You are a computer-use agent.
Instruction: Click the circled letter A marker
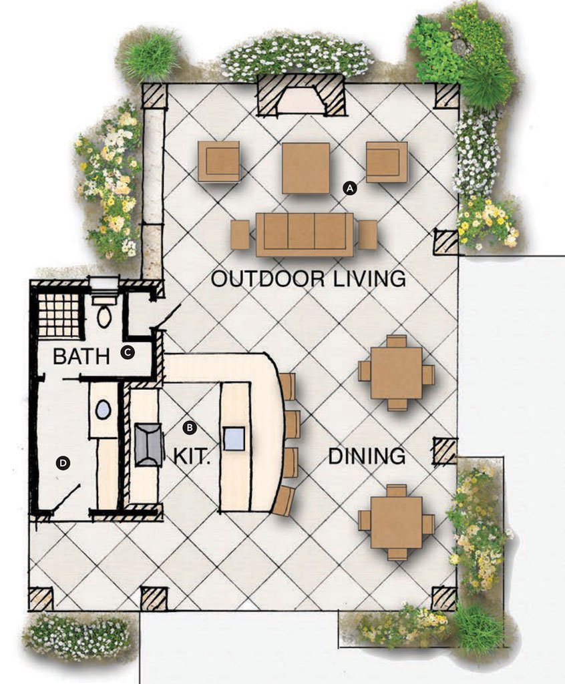click(x=350, y=188)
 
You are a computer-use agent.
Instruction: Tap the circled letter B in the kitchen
click(x=189, y=427)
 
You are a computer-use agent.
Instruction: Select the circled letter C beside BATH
click(x=128, y=352)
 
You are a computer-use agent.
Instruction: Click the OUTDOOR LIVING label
click(x=309, y=279)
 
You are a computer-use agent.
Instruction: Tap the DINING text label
click(x=367, y=456)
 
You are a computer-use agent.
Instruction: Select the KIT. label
click(x=192, y=456)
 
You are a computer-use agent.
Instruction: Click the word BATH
click(x=81, y=357)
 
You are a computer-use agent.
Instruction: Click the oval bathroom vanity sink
click(x=103, y=410)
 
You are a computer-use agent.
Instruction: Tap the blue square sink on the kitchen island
click(x=234, y=439)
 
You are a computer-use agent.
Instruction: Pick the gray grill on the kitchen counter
click(x=148, y=444)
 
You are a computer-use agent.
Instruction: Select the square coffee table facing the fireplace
click(x=306, y=168)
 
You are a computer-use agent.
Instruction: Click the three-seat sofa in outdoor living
click(x=305, y=235)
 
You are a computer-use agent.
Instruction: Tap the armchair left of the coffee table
click(x=219, y=161)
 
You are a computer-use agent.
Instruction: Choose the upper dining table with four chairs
click(x=397, y=373)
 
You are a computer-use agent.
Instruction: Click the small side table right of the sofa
click(x=367, y=235)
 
